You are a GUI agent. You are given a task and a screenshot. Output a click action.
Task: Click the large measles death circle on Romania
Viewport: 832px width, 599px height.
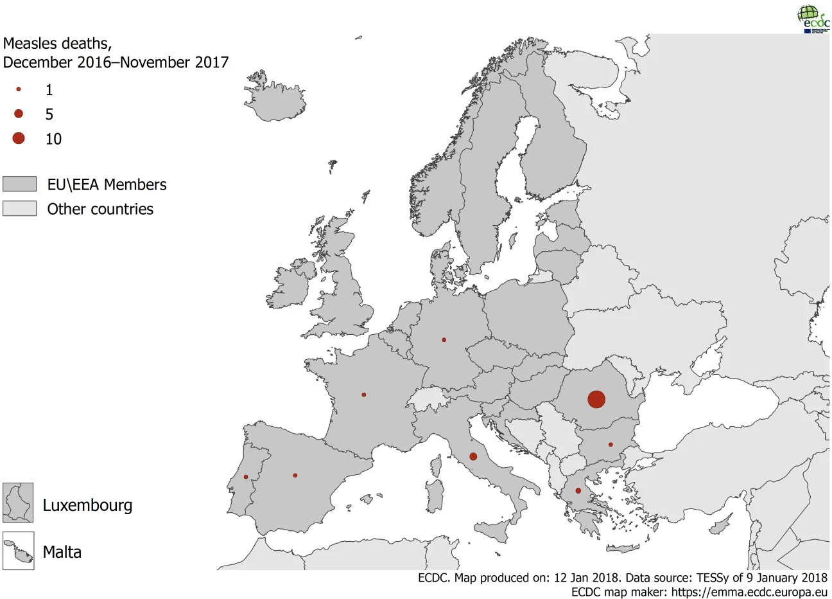(596, 399)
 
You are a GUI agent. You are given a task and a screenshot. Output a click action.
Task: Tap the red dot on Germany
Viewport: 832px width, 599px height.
(444, 339)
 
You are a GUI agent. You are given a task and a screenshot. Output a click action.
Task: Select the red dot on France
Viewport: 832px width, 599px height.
(364, 395)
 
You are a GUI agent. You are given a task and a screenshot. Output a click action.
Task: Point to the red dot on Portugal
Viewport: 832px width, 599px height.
(246, 477)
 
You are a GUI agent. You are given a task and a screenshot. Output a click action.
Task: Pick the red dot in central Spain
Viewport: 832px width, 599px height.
(295, 476)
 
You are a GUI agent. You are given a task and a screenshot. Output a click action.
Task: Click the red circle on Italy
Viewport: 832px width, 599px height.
(473, 456)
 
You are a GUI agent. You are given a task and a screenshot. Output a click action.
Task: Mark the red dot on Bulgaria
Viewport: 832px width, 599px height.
(611, 445)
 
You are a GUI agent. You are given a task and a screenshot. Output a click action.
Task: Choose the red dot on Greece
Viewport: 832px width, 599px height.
(578, 491)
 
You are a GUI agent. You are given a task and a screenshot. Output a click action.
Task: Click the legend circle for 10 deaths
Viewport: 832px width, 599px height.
(19, 138)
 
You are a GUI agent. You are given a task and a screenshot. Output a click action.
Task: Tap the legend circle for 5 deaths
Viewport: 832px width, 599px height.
(19, 114)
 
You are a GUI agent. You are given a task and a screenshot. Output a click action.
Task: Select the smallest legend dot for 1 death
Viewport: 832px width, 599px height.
(19, 89)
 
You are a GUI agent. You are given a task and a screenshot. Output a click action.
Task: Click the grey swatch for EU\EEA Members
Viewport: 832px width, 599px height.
(19, 184)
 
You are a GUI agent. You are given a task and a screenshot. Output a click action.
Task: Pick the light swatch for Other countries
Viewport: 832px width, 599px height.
(19, 209)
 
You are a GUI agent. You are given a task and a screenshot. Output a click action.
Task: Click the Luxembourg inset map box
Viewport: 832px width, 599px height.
(18, 503)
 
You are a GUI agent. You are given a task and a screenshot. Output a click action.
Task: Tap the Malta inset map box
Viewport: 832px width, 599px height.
(18, 551)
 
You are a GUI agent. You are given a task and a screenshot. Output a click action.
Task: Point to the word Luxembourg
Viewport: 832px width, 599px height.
(87, 505)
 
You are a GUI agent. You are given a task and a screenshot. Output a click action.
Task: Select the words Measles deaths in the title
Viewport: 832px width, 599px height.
(57, 44)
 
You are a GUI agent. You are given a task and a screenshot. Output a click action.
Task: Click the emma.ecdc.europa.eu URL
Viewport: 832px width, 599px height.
(749, 592)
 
